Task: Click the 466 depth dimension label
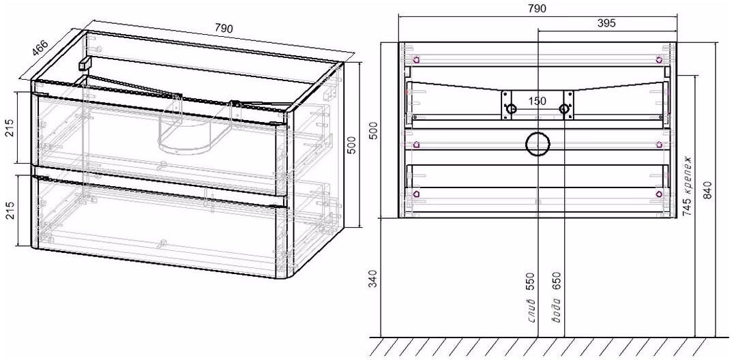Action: pyautogui.click(x=41, y=48)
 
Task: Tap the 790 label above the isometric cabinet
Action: pyautogui.click(x=224, y=29)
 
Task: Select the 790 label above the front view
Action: pyautogui.click(x=537, y=8)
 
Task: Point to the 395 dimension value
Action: pyautogui.click(x=606, y=23)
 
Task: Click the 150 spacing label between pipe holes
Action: pyautogui.click(x=538, y=101)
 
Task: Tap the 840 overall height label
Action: pyautogui.click(x=707, y=189)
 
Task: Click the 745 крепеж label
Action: pyautogui.click(x=687, y=186)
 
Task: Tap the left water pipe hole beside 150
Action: pyautogui.click(x=511, y=109)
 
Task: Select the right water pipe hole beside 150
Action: pyautogui.click(x=564, y=109)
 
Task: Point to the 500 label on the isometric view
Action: pyautogui.click(x=354, y=145)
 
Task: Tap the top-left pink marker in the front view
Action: pyautogui.click(x=416, y=59)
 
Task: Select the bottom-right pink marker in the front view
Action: pyautogui.click(x=659, y=194)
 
